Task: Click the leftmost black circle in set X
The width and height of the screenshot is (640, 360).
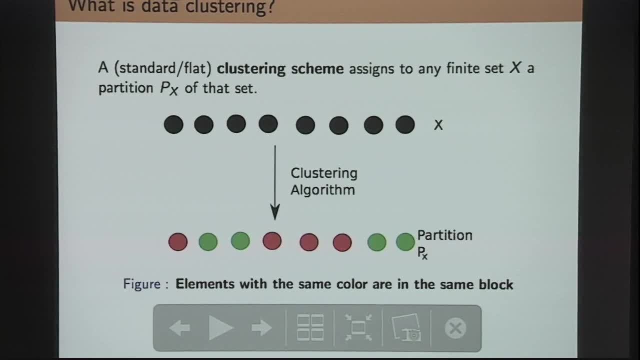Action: tap(173, 124)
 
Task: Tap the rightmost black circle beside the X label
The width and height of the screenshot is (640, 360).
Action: tap(405, 124)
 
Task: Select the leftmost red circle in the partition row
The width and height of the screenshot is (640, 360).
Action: tap(178, 242)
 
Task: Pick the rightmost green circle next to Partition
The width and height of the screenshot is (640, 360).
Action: tap(405, 242)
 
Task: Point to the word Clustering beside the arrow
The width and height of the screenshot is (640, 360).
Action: tap(324, 173)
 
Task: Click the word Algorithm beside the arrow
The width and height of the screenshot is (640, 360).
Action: tap(322, 190)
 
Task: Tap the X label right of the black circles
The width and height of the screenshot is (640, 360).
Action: tap(438, 125)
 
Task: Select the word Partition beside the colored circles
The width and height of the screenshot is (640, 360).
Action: tap(444, 235)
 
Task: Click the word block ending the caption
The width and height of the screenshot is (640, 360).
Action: tap(495, 284)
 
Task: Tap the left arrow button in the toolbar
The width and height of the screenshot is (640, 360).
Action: tap(179, 328)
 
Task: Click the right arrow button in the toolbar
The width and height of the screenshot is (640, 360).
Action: tap(261, 328)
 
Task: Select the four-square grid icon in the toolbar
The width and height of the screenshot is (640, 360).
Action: tap(310, 328)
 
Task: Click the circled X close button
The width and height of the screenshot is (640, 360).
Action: tap(455, 328)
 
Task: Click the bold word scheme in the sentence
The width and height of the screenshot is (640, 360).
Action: tap(318, 68)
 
